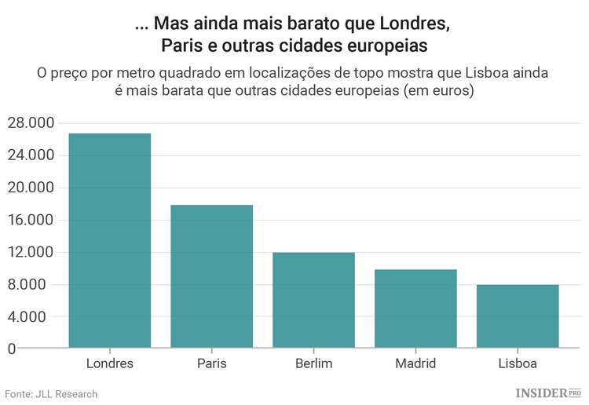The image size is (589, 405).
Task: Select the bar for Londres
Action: tap(110, 240)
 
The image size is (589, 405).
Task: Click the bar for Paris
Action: tap(212, 276)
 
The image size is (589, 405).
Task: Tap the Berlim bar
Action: tap(313, 300)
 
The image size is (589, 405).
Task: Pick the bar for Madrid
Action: tap(415, 308)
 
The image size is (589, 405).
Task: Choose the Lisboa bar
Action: tap(518, 316)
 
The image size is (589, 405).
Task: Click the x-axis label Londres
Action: tap(110, 364)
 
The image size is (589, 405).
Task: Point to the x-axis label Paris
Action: tap(212, 364)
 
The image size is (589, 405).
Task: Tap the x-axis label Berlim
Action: tap(313, 364)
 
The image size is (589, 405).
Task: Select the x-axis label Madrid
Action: tap(415, 364)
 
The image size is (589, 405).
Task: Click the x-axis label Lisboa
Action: tap(518, 364)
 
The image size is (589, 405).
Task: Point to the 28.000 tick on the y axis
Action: tap(30, 123)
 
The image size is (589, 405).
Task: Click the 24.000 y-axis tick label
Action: tap(30, 155)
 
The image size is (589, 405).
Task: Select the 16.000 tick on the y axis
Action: tap(30, 220)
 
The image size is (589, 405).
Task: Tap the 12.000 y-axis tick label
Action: tap(30, 252)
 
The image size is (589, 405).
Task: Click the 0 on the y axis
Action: tap(11, 348)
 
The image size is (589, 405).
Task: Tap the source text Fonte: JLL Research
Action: tap(52, 394)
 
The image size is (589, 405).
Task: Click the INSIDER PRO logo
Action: tap(547, 392)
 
